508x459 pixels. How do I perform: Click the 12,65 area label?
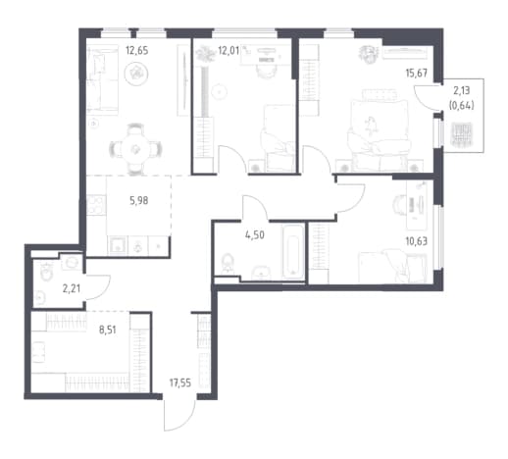(x=137, y=51)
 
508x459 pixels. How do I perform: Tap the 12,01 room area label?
(x=229, y=51)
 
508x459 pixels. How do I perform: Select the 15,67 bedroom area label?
(x=417, y=73)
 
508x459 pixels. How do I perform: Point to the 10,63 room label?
(x=417, y=241)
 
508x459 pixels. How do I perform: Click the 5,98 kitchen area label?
(x=139, y=200)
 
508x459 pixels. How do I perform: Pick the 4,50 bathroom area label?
(x=255, y=234)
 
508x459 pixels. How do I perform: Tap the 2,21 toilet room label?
(x=72, y=288)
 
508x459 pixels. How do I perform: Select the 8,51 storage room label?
(x=108, y=330)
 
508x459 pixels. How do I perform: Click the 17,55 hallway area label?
(x=180, y=382)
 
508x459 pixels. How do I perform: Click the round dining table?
(x=135, y=150)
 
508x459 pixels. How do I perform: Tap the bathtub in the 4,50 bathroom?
(x=293, y=252)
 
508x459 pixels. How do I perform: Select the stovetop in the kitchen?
(x=96, y=205)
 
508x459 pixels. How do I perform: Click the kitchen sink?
(x=118, y=245)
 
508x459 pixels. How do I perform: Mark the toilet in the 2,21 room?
(x=46, y=271)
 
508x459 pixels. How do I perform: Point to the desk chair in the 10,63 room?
(x=399, y=204)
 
